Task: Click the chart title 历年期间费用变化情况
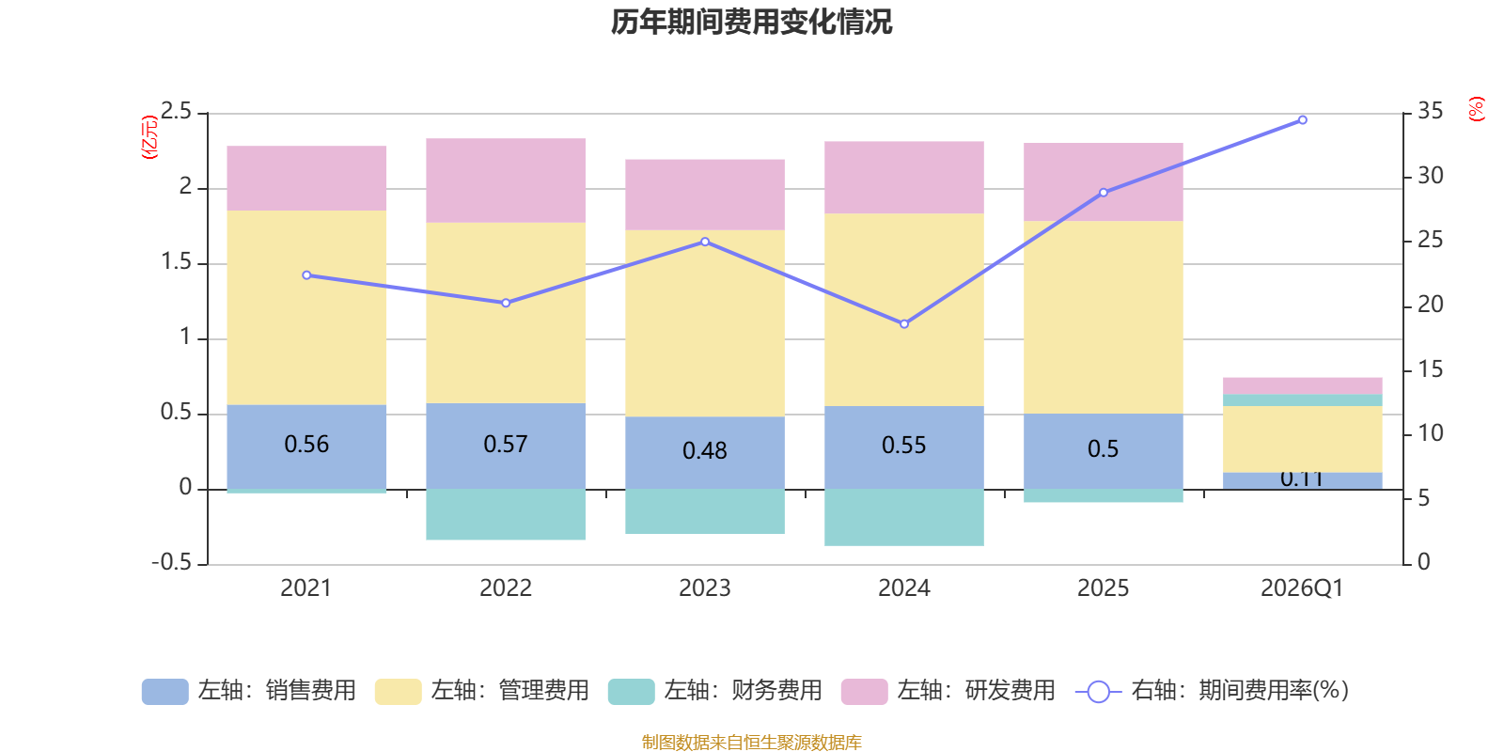pos(751,22)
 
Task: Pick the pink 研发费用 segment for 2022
pos(506,180)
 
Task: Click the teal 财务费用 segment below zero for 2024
pos(904,517)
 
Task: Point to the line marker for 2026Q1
pos(1302,120)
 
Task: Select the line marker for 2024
pos(904,324)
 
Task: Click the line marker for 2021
pos(306,275)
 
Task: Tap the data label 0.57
pos(506,444)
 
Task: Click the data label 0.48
pos(705,451)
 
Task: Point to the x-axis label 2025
pos(1103,588)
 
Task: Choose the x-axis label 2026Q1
pos(1302,588)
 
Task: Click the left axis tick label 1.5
pos(176,262)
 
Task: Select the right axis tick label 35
pos(1430,112)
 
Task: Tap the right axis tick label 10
pos(1430,433)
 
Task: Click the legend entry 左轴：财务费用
pos(716,691)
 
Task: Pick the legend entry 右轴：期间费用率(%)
pos(1213,691)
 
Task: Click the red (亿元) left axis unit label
pos(149,137)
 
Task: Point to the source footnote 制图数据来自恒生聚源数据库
pos(751,743)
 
